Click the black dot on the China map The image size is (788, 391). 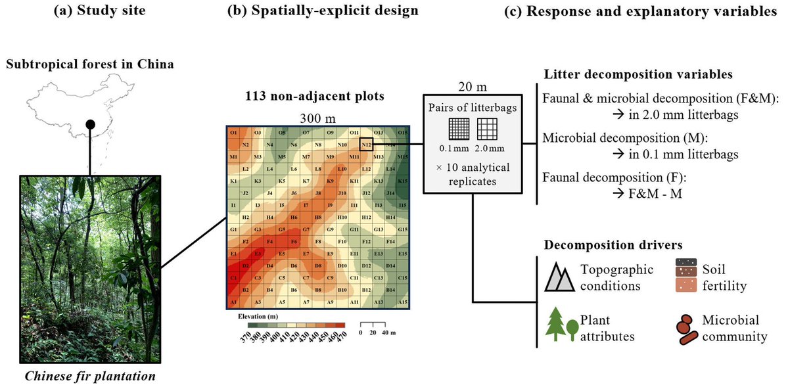pos(91,124)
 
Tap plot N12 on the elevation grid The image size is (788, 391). pos(367,145)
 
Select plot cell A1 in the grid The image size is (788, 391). pos(233,302)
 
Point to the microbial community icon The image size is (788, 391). pos(685,328)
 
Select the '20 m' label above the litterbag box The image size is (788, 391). pos(472,87)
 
